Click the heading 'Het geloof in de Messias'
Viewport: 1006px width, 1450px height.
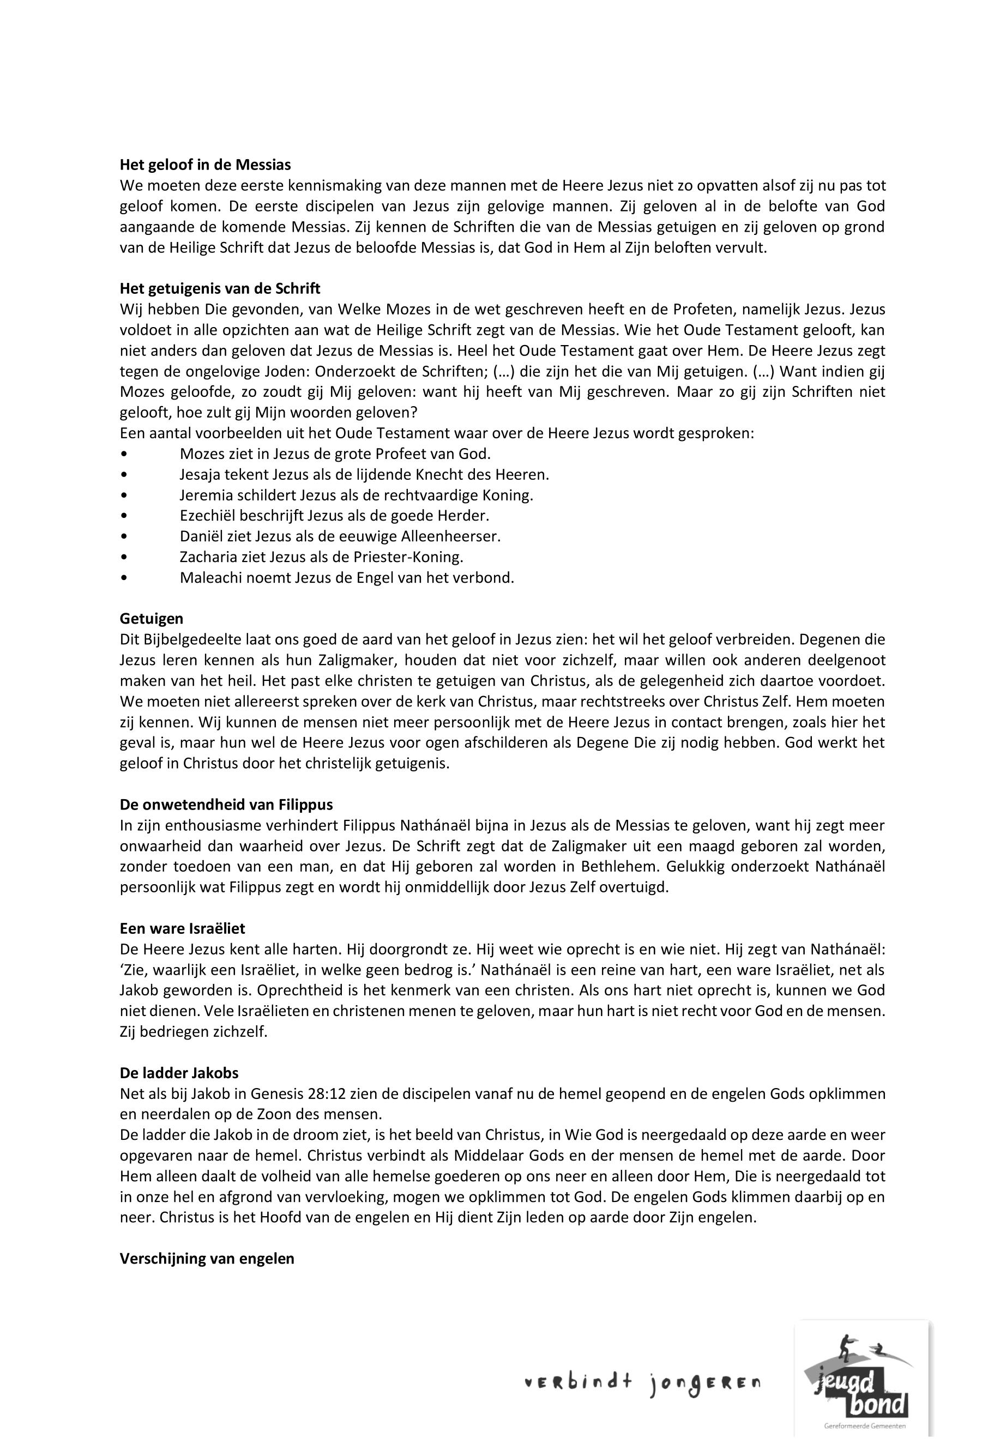click(206, 165)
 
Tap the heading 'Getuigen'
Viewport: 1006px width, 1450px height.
click(151, 619)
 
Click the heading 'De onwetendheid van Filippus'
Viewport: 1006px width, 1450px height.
click(226, 805)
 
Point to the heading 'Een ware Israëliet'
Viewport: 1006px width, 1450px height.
click(182, 928)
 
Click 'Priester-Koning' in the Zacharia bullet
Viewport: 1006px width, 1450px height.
click(415, 557)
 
